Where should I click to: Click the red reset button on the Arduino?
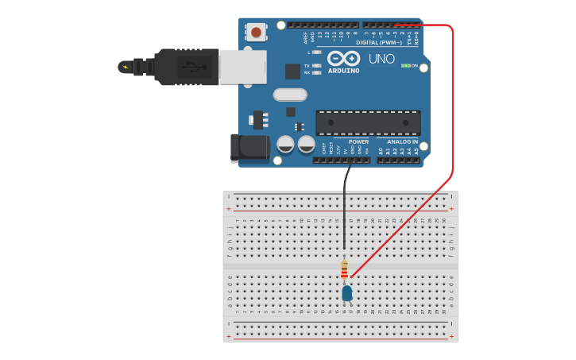click(256, 32)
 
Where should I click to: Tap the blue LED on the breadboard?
click(347, 293)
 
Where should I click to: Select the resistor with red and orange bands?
click(344, 271)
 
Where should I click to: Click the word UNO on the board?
click(381, 59)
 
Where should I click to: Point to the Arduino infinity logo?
click(344, 58)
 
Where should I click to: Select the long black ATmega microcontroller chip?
click(368, 122)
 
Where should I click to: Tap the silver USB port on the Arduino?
click(242, 67)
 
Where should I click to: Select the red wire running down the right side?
click(452, 103)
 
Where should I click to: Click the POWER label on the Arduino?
click(358, 141)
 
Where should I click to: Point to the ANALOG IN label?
click(403, 141)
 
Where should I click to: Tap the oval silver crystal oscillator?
click(289, 95)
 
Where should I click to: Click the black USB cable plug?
click(187, 67)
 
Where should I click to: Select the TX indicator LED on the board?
click(317, 65)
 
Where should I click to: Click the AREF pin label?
click(305, 37)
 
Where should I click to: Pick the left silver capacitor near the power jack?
click(286, 145)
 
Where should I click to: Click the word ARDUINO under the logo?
click(344, 71)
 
